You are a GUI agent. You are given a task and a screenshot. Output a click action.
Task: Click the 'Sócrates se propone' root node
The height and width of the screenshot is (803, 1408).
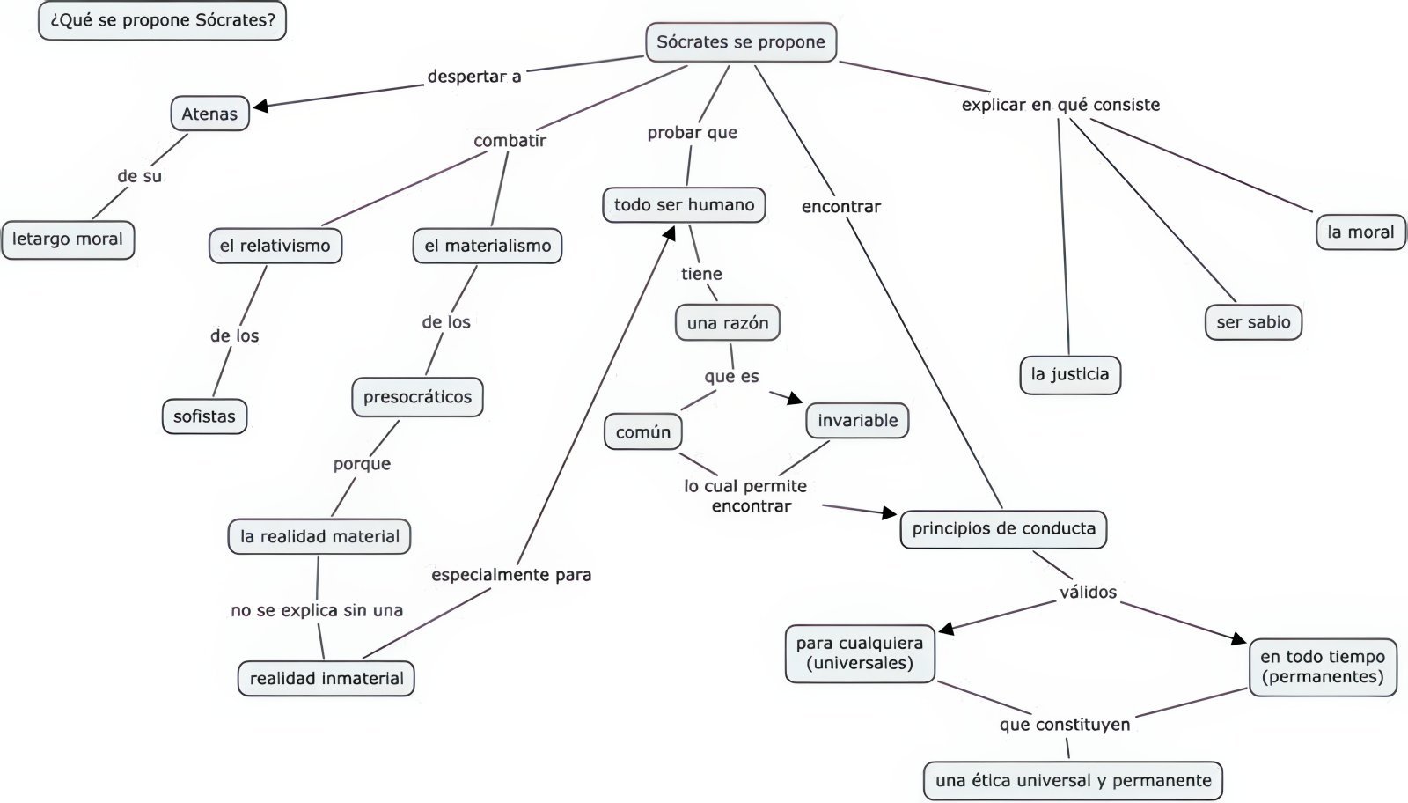(740, 42)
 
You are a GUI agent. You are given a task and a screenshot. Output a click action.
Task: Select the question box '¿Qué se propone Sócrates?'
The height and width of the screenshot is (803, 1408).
(163, 20)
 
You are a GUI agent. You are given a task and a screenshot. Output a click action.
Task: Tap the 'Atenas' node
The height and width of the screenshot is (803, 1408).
(209, 114)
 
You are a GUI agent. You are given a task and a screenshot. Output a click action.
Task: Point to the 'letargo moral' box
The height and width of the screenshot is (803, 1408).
(68, 239)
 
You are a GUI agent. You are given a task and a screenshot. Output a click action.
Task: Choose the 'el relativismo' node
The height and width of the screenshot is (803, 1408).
(275, 246)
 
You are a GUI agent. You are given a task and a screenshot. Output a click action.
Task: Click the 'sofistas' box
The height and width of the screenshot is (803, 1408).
(204, 416)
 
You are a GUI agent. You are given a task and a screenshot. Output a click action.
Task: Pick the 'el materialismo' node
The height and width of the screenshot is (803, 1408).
(488, 246)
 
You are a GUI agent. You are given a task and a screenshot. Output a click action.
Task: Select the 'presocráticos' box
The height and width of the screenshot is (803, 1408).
(417, 397)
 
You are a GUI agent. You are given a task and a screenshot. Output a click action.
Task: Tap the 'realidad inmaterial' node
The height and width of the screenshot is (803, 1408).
(326, 679)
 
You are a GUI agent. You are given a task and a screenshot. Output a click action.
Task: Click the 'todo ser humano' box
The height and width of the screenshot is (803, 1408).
(684, 205)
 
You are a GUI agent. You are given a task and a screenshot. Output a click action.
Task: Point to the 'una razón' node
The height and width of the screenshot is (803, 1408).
(728, 323)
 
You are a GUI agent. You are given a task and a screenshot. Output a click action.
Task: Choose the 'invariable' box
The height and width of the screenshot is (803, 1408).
(857, 421)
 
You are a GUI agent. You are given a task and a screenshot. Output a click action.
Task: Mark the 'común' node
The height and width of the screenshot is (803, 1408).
(643, 432)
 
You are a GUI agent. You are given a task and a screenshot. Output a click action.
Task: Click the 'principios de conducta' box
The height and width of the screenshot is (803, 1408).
(1003, 529)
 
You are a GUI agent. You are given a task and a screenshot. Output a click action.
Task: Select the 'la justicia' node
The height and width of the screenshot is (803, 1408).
(1070, 374)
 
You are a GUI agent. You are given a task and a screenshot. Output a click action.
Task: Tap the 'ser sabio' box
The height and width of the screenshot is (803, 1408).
(1253, 322)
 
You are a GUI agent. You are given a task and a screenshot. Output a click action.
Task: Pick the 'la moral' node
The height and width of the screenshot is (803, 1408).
(1360, 232)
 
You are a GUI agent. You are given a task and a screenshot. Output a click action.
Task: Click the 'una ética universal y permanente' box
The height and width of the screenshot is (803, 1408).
(1073, 780)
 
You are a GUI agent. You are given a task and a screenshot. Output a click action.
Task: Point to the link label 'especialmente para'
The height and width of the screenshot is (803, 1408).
(511, 575)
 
